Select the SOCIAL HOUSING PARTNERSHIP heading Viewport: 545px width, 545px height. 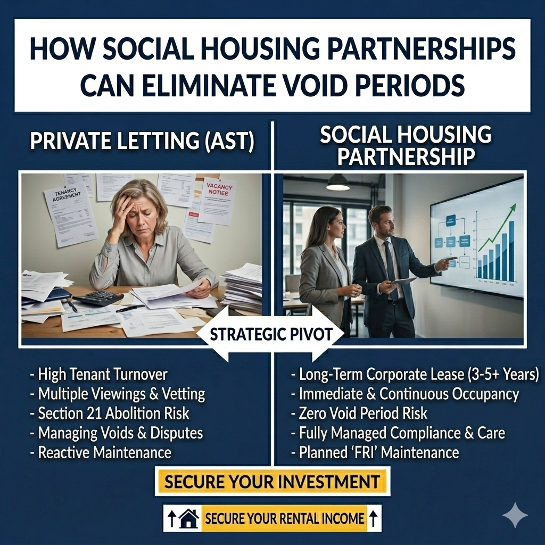(x=406, y=145)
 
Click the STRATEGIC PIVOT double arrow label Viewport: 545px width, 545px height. (x=270, y=335)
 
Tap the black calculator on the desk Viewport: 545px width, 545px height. (x=98, y=298)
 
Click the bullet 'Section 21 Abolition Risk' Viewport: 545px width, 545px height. (x=110, y=413)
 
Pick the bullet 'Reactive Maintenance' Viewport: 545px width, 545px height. (x=101, y=452)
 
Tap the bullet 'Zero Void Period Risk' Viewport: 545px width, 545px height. (x=359, y=413)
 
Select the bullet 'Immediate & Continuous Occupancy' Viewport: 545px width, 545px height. (x=404, y=394)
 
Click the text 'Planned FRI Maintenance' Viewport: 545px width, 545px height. (x=375, y=452)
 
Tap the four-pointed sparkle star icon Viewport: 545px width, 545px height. (x=515, y=515)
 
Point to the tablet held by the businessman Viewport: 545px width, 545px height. (x=403, y=281)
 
